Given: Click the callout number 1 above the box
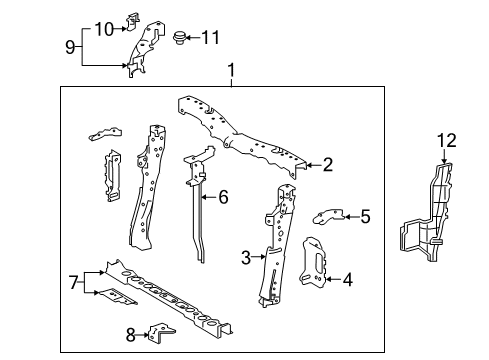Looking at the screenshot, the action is point(231,71).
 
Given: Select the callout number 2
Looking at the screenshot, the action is point(328,165).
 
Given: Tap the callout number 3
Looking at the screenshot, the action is point(246,257).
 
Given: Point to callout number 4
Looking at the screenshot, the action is point(348,279).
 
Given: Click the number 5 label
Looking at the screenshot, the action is point(366,217).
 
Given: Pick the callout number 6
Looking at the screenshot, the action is point(223,197).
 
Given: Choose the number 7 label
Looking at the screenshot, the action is point(74,283).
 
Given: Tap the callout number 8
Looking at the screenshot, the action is point(131,335).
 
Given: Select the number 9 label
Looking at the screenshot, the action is point(70,47).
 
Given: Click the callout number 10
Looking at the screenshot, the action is point(104,29).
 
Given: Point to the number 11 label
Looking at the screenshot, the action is point(211,37).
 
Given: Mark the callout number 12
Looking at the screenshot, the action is point(447,141).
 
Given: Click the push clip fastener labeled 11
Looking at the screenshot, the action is point(179,37).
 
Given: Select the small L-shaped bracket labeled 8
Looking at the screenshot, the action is point(161,333).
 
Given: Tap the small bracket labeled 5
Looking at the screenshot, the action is point(328,217).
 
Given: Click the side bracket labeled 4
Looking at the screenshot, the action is point(313,262).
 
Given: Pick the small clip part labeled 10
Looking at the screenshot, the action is point(132,22).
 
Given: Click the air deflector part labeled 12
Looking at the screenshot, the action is point(428,213).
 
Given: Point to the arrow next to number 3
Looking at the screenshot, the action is point(258,257).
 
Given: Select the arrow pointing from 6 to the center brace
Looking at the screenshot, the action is point(209,197).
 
